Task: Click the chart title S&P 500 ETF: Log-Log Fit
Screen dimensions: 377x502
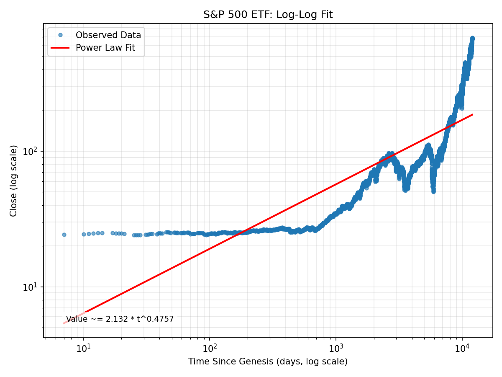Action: [268, 15]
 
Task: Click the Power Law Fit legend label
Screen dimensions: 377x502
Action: [105, 48]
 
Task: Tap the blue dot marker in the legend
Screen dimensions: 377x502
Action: [60, 35]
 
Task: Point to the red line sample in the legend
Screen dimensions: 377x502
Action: [60, 48]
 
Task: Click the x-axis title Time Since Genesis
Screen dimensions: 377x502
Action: [268, 362]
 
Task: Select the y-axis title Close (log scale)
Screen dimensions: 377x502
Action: [14, 181]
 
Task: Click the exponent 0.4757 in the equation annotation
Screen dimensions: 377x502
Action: [161, 319]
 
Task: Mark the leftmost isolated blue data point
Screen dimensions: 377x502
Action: [64, 235]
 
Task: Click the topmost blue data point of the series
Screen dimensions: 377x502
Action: [472, 38]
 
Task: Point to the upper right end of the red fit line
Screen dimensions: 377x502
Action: [472, 114]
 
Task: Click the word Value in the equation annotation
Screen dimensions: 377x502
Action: [77, 319]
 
